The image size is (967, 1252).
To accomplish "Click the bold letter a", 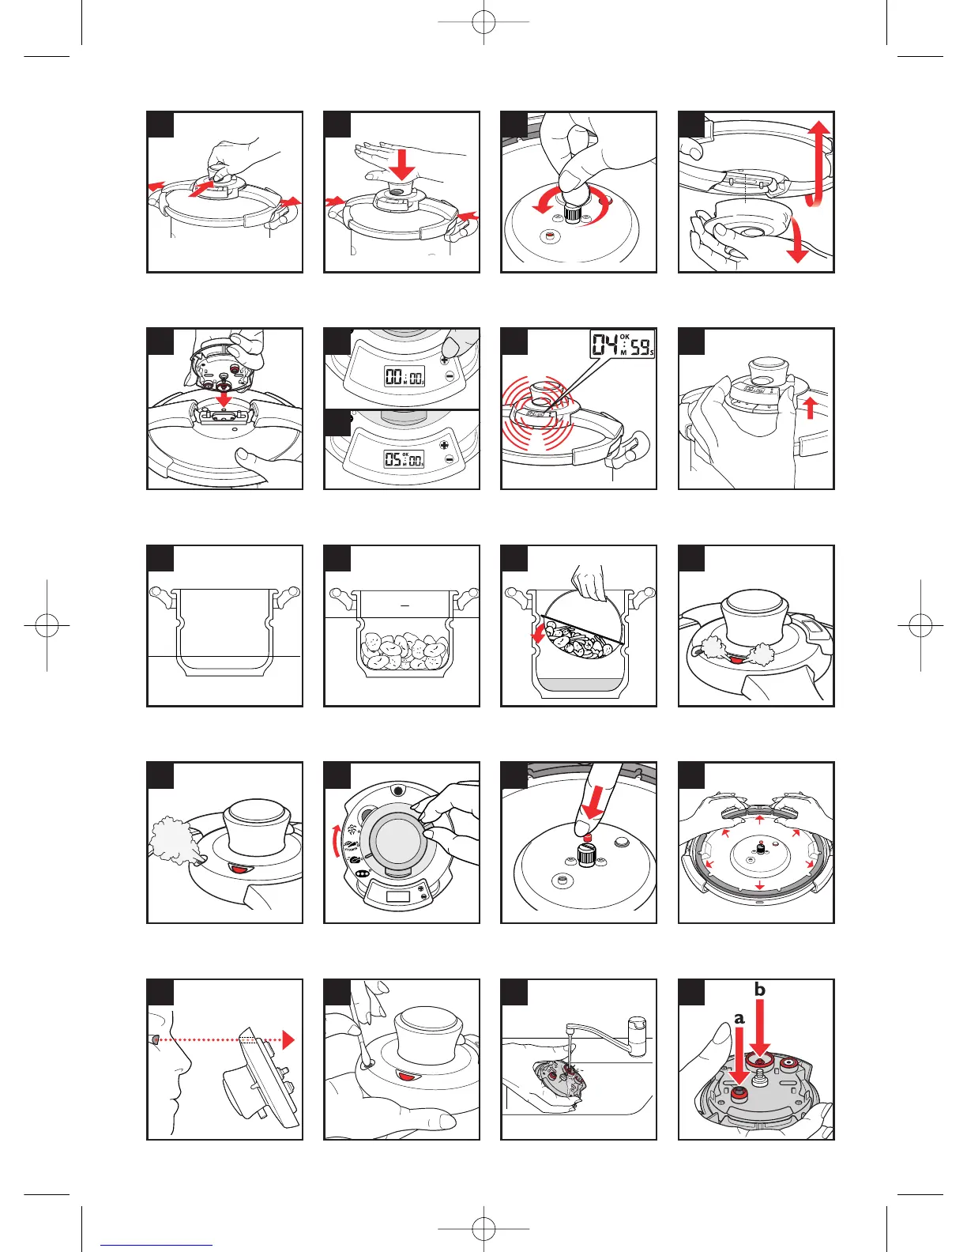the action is pos(739,1018).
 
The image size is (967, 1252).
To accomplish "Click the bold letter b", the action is pos(760,989).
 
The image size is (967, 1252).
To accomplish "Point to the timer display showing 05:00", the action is pos(404,459).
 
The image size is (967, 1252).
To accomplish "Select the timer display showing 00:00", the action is pos(404,376).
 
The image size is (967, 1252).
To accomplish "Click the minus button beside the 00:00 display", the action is pos(450,376).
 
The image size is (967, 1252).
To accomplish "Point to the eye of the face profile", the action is pos(156,1038).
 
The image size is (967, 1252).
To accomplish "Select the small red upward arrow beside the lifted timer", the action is pos(810,408).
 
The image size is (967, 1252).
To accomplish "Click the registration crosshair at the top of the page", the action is pos(483,23).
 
